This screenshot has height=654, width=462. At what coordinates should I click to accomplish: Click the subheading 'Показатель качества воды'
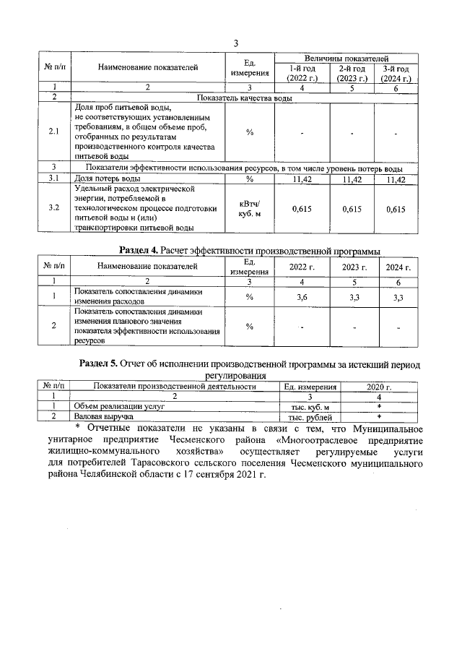[x=243, y=97]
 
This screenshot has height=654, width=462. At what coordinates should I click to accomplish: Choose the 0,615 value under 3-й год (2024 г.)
[x=396, y=209]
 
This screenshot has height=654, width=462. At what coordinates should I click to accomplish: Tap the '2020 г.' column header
[x=378, y=387]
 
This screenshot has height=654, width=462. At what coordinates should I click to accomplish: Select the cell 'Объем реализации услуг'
[x=110, y=407]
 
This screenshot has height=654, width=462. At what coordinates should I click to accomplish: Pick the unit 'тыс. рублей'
[x=310, y=417]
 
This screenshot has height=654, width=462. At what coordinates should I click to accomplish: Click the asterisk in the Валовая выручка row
[x=378, y=417]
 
